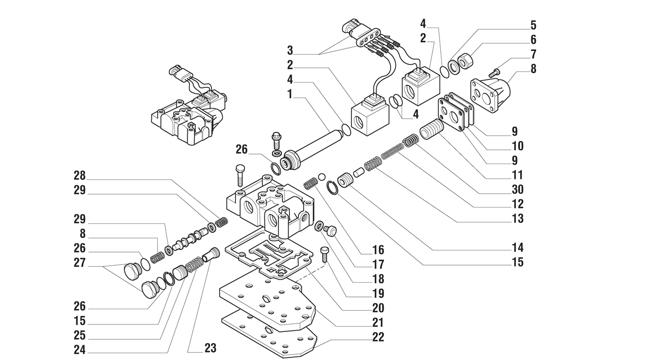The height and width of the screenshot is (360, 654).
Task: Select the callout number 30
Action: [x=517, y=189]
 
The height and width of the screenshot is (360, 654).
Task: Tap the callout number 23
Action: [x=210, y=348]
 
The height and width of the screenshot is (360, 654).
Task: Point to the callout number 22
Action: [x=378, y=337]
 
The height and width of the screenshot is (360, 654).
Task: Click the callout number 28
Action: [x=79, y=175]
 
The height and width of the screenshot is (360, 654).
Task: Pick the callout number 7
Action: [x=533, y=54]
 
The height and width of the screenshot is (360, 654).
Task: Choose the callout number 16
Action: [x=378, y=249]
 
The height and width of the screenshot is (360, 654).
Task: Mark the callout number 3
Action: [x=289, y=50]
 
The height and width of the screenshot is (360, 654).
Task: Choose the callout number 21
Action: [x=378, y=322]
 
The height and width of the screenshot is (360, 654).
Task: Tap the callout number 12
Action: [x=517, y=203]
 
